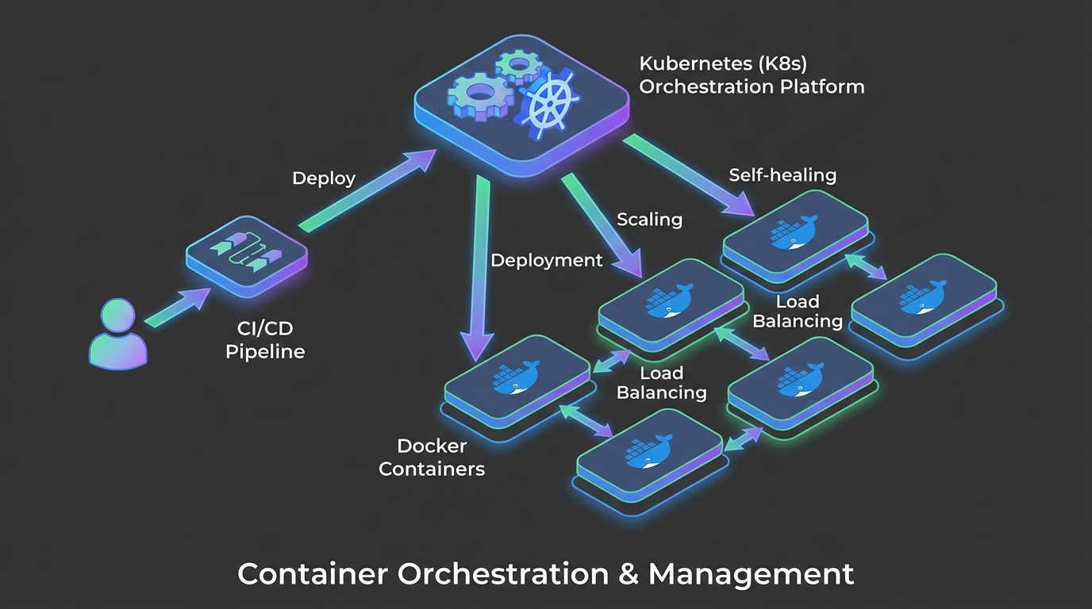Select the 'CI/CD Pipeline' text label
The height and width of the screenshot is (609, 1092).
pyautogui.click(x=265, y=339)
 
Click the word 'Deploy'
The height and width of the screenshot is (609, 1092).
pyautogui.click(x=324, y=178)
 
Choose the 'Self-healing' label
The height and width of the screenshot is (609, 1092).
pyautogui.click(x=782, y=174)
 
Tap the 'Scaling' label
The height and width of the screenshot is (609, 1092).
pyautogui.click(x=649, y=219)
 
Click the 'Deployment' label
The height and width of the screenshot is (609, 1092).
pyautogui.click(x=546, y=260)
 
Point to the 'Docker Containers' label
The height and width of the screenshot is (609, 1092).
pyautogui.click(x=432, y=458)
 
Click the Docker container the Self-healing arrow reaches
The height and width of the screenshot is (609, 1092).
pyautogui.click(x=794, y=234)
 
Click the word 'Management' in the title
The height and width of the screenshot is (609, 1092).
pyautogui.click(x=751, y=573)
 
